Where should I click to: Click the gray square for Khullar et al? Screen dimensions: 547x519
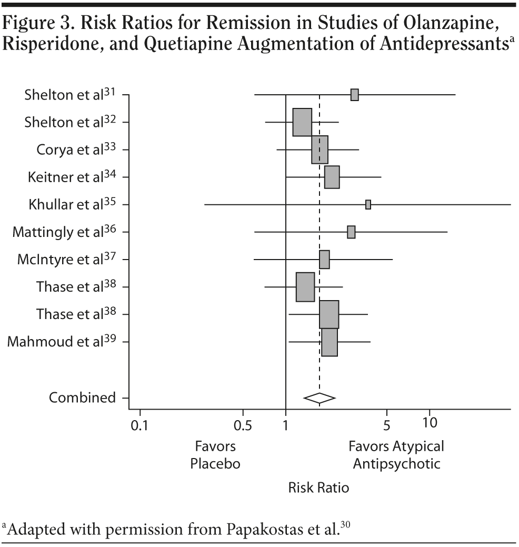coord(368,204)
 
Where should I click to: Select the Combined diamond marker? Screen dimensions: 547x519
coord(319,398)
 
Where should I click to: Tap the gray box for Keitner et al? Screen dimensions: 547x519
coord(332,177)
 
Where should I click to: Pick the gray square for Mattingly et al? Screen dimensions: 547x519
coord(351,232)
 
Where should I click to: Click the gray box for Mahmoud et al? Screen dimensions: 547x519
coord(330,342)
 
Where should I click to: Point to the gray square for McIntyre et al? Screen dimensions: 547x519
coord(324,260)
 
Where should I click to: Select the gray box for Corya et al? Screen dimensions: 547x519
coord(320,150)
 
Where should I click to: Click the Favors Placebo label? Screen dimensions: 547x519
coord(215,455)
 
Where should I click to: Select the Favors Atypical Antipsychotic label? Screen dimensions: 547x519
coord(396,455)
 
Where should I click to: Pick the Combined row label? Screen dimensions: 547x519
coord(82,398)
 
